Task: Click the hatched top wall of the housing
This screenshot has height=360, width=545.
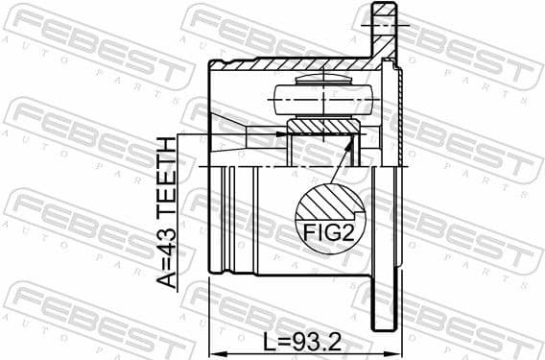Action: point(288,63)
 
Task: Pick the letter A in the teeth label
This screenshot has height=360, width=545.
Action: point(168,279)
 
